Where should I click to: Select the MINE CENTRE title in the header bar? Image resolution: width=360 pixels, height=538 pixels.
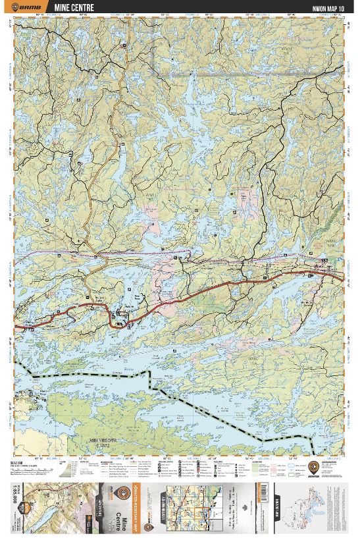(74, 8)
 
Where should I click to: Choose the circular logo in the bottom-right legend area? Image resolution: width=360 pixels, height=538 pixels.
(314, 468)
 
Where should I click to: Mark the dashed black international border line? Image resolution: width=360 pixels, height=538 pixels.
(197, 402)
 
